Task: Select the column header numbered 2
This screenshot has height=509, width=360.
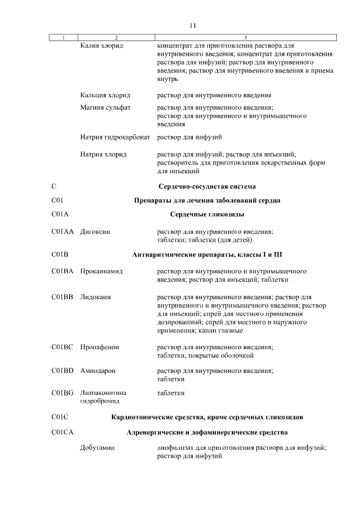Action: point(115,38)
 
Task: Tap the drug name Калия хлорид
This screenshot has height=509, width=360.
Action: point(102,44)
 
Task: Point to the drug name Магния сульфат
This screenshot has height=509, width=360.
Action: point(105,108)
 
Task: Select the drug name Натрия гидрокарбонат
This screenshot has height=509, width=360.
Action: point(115,137)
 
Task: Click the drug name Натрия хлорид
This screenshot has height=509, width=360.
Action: point(104,154)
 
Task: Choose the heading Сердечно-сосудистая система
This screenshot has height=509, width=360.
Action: point(208,186)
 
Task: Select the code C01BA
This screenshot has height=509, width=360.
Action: point(62,271)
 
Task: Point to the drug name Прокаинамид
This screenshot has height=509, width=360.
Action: point(101,271)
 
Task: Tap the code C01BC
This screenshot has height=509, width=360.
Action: point(62,347)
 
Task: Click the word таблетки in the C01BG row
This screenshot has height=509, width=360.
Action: point(170,393)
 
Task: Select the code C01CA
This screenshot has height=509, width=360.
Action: point(62,433)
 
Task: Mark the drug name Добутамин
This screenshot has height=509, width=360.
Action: point(97,449)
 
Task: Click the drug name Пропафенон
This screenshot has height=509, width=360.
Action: point(100,347)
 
